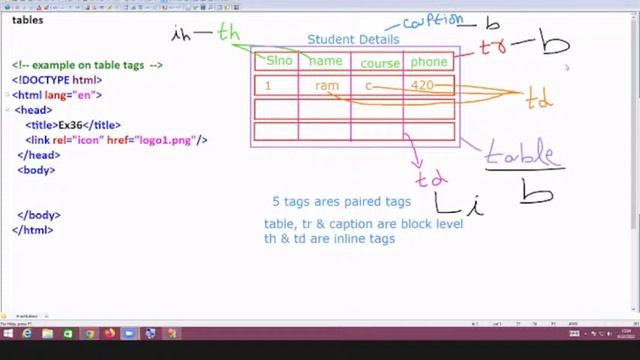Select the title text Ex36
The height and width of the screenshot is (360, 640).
69,125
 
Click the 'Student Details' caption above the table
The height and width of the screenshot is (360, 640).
353,40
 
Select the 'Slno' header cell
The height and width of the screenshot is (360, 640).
278,61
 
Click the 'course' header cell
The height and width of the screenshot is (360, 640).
380,62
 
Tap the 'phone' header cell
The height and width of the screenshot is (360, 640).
429,62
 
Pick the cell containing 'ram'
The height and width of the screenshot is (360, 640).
326,86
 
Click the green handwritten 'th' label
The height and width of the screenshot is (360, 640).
229,33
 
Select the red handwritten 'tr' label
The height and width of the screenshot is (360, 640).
493,47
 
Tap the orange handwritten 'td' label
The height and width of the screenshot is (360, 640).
539,100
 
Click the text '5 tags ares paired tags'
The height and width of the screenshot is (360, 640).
341,201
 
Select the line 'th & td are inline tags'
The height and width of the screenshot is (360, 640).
329,239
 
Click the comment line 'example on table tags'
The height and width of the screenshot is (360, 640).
87,65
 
